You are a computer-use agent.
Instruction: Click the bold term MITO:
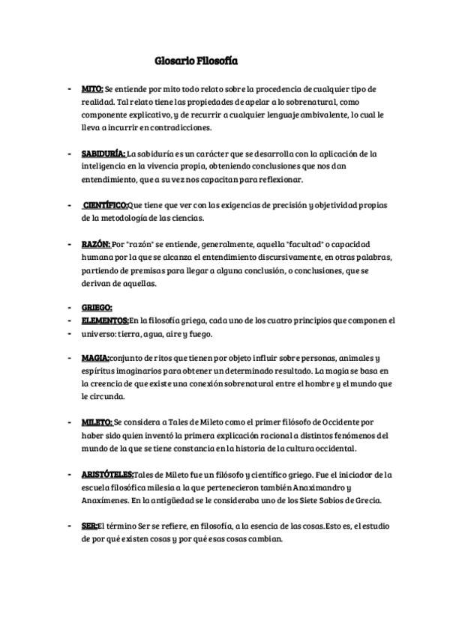click(92, 89)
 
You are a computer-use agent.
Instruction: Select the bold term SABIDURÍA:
click(104, 154)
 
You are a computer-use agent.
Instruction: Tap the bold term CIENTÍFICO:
click(106, 205)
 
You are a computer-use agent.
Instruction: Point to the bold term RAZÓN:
click(96, 244)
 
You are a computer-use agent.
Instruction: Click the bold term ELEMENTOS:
click(106, 320)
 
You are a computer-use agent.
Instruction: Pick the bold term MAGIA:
click(95, 359)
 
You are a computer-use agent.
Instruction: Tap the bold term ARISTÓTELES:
click(108, 475)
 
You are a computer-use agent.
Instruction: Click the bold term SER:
click(89, 526)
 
